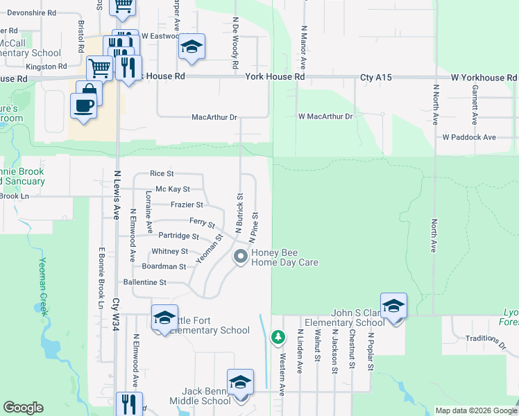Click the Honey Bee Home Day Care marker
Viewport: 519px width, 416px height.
tap(241, 257)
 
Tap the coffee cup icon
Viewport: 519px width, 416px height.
tap(84, 106)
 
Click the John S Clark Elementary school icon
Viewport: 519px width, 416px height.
tap(393, 306)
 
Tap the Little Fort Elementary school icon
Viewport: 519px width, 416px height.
tap(164, 318)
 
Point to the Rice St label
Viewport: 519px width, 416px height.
tap(162, 173)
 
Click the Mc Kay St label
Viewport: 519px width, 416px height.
tap(173, 189)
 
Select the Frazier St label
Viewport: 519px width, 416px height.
tap(187, 205)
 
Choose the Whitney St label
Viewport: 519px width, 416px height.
tap(169, 251)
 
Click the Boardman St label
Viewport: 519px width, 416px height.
tap(164, 266)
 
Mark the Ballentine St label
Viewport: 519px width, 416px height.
tap(144, 282)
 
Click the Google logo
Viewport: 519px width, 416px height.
tap(24, 408)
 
